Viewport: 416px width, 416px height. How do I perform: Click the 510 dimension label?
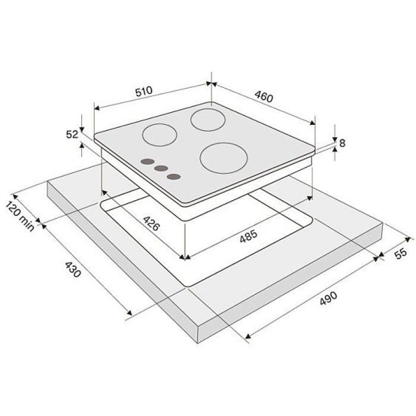coord(144,91)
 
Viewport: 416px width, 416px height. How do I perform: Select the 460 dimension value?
coord(264,97)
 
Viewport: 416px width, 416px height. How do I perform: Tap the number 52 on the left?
coord(72,135)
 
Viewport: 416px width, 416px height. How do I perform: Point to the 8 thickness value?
coord(342,144)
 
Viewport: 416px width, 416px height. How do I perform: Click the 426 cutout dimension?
coord(151,224)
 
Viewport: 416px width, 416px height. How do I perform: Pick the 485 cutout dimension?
coord(249,236)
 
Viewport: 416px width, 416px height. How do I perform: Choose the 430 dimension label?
coord(72,269)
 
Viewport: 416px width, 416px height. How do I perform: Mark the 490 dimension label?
coord(328,298)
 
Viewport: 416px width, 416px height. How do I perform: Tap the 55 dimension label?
coord(400,253)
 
